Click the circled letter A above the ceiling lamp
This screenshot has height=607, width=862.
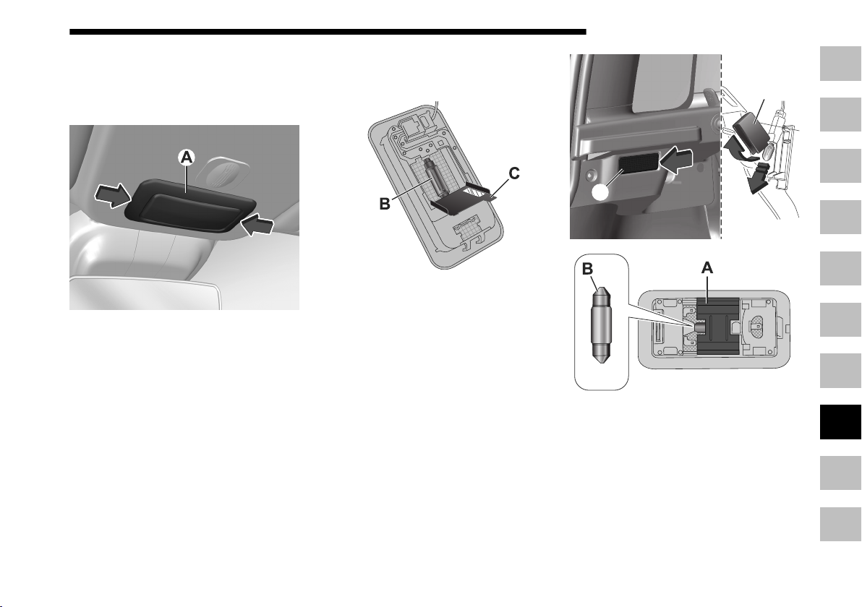pos(187,158)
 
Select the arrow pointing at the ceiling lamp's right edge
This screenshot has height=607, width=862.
pos(258,225)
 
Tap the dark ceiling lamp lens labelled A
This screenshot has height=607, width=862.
pos(191,207)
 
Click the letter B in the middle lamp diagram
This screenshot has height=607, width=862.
pos(385,204)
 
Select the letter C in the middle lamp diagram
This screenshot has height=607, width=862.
pos(513,173)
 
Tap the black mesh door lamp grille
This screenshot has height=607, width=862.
pos(639,164)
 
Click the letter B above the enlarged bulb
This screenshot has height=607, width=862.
pos(588,269)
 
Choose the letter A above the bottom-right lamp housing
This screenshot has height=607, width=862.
pos(707,268)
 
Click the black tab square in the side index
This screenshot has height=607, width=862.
pos(840,422)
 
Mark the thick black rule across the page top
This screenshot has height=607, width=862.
pos(328,32)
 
